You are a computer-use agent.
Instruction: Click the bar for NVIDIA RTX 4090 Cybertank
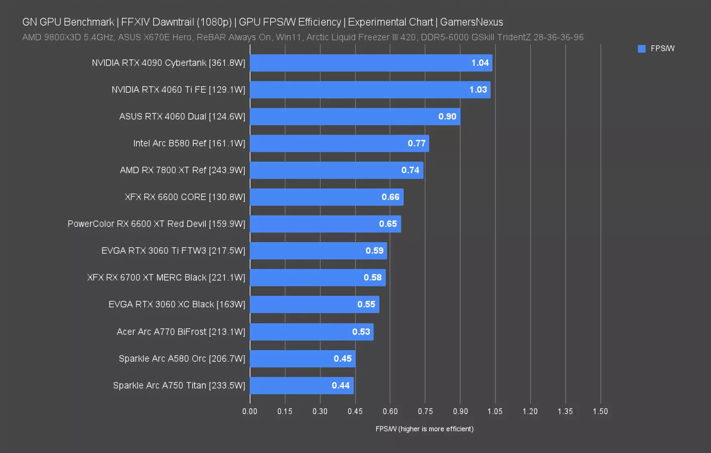pos(371,63)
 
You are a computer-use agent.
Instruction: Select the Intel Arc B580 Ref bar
pos(339,143)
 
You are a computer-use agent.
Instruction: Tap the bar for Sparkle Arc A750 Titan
pos(301,386)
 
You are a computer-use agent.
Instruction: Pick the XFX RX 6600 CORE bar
pos(327,197)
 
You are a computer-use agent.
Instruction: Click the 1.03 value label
pos(478,90)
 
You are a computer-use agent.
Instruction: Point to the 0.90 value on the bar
pos(447,117)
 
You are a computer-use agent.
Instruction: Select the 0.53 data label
pos(361,332)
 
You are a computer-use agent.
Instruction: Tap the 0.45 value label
pos(343,359)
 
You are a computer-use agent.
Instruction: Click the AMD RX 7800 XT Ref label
pos(182,170)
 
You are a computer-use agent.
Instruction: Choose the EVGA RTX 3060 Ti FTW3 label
pos(173,251)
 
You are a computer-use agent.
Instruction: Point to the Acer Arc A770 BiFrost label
pos(181,332)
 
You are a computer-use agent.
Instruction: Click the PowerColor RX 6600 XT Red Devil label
pos(156,224)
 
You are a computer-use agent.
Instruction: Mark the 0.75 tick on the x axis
pos(425,411)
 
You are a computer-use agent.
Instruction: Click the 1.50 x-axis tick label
pos(600,411)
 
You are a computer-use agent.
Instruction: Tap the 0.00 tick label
pos(250,411)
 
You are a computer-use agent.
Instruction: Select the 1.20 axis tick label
pos(530,411)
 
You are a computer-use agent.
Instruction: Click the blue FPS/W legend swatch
pos(642,49)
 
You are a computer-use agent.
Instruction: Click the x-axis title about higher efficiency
pos(424,429)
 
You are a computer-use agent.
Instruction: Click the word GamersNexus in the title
pos(471,22)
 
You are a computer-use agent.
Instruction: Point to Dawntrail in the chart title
pos(173,22)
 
